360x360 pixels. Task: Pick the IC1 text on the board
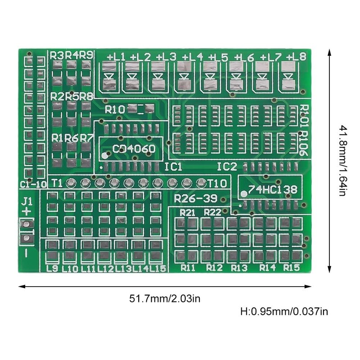tap(173, 167)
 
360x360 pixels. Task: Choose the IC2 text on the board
tap(227, 167)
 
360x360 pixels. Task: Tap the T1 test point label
tap(57, 183)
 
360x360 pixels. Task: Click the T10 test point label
tap(217, 183)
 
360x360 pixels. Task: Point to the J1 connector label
tap(27, 201)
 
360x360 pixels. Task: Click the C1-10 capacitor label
tap(33, 184)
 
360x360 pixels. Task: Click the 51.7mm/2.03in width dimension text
tap(165, 298)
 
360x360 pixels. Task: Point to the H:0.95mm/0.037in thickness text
tap(284, 311)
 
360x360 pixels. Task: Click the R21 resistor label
tap(187, 212)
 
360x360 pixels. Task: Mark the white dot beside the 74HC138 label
tap(244, 194)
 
